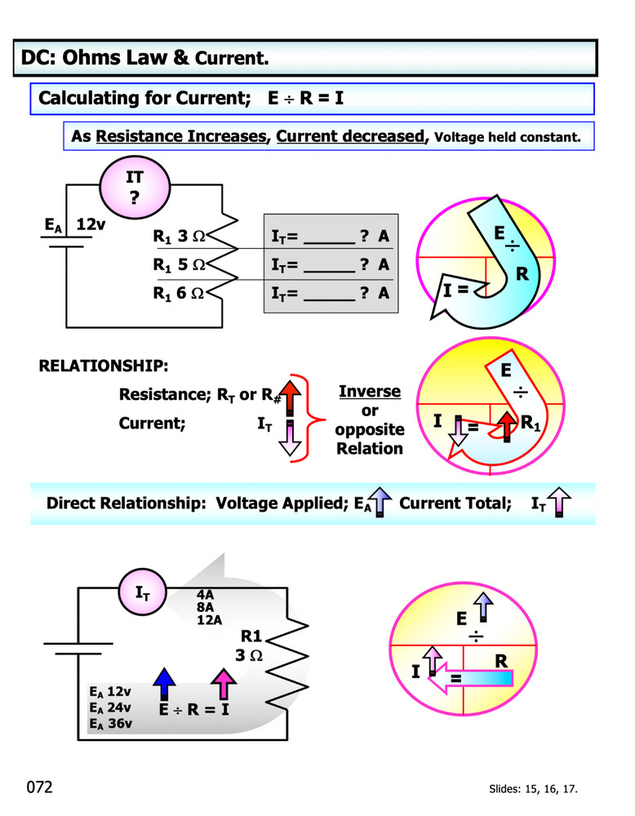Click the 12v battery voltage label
pyautogui.click(x=91, y=224)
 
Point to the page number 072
pyautogui.click(x=39, y=787)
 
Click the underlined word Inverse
pyautogui.click(x=370, y=392)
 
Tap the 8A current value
pyautogui.click(x=204, y=606)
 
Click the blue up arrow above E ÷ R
pyautogui.click(x=165, y=683)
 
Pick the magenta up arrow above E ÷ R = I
pyautogui.click(x=221, y=683)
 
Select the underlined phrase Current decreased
pyautogui.click(x=351, y=136)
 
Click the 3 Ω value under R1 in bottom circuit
pyautogui.click(x=248, y=655)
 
